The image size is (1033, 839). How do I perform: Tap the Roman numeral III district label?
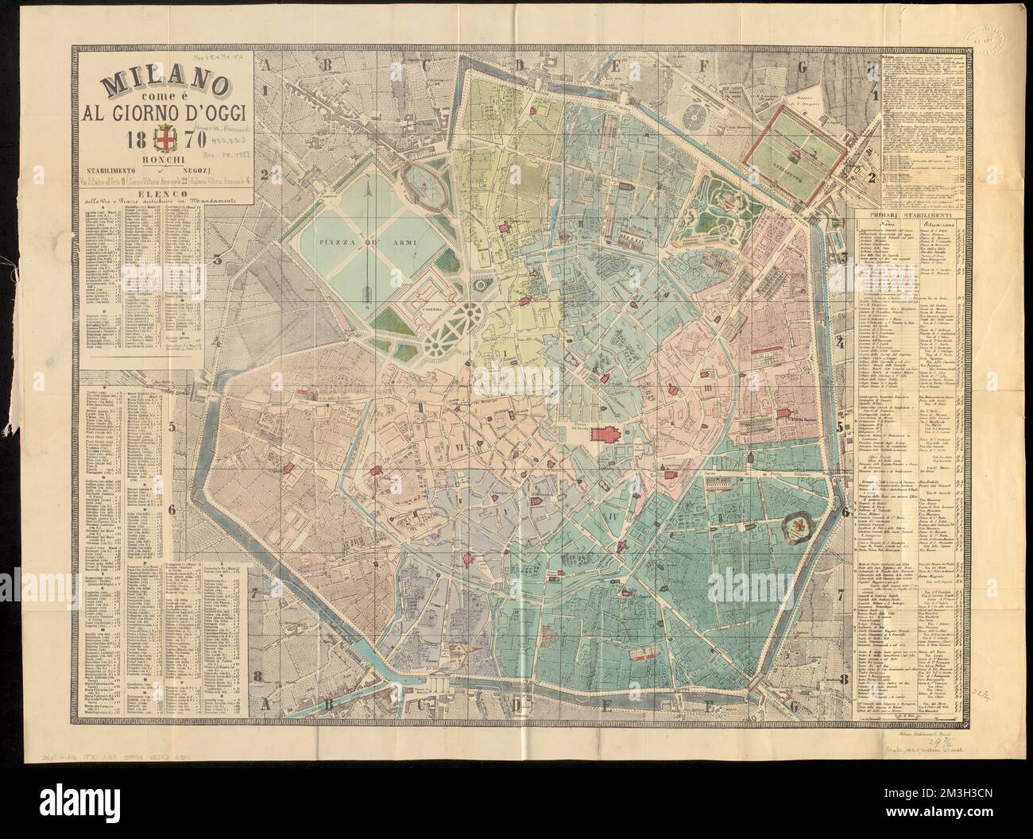coord(705,387)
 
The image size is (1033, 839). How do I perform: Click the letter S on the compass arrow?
coord(367,302)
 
